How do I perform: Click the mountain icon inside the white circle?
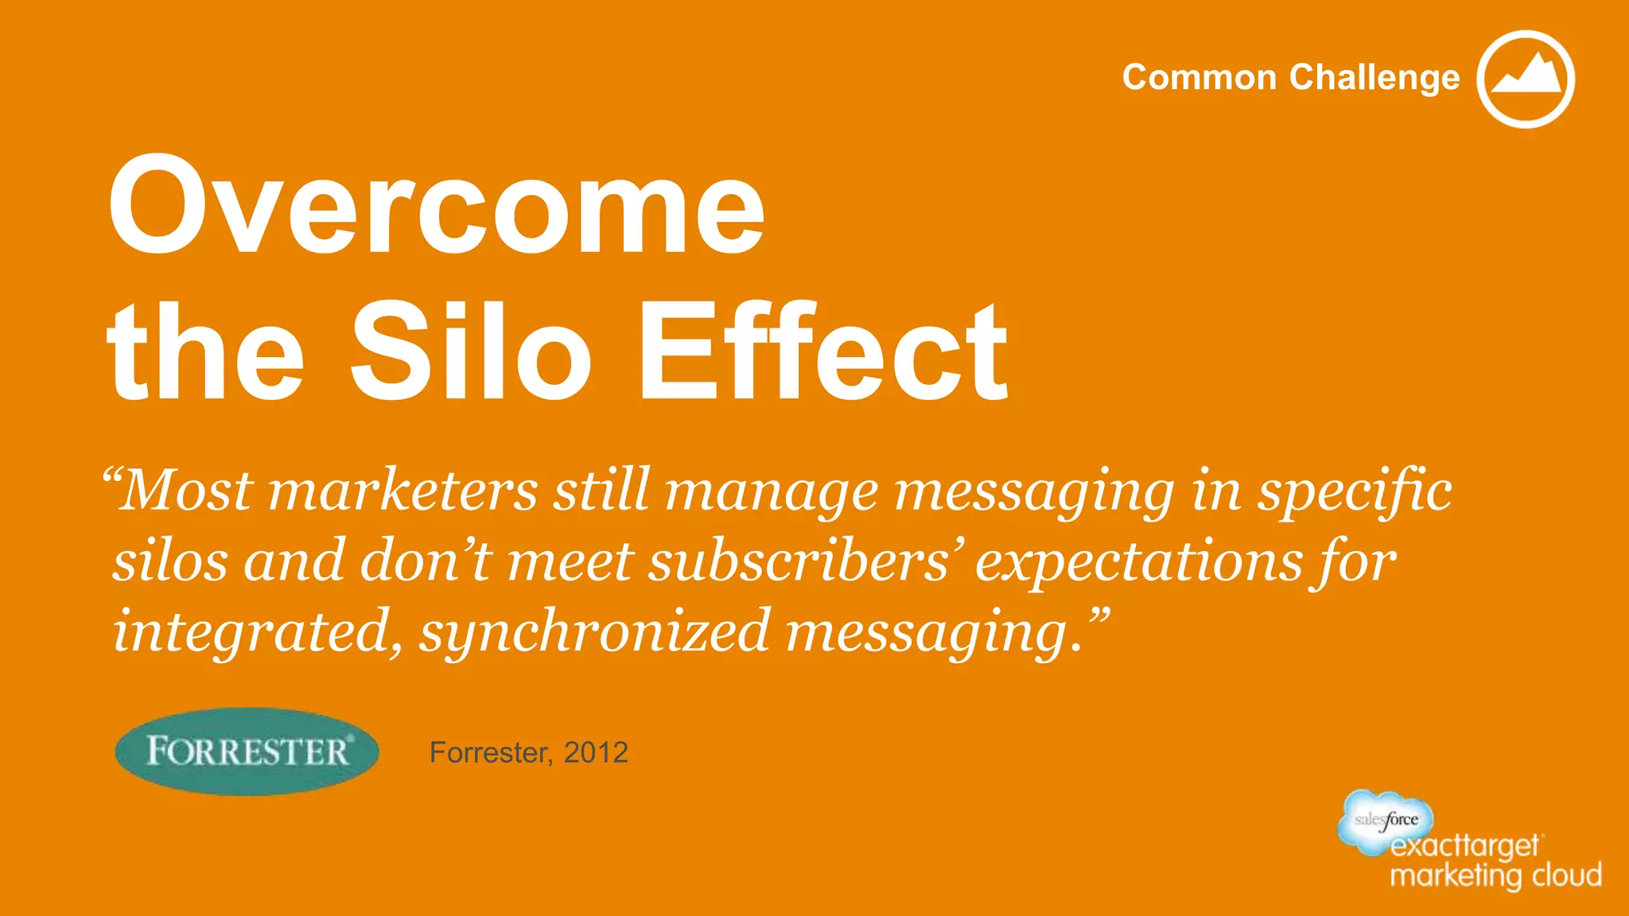coord(1526,78)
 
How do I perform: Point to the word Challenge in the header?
coord(1374,78)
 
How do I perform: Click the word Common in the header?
coord(1199,78)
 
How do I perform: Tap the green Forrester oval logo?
coord(247,751)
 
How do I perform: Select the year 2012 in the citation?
coord(596,752)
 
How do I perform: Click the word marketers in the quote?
coord(403,491)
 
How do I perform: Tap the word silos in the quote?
coord(170,561)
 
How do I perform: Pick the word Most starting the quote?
coord(188,491)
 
